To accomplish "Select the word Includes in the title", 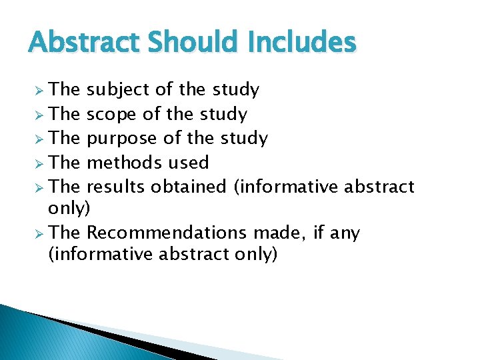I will [301, 43].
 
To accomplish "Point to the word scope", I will [112, 115].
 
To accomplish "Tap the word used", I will [188, 162].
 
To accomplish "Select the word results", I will [117, 186].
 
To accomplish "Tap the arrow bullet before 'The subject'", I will [39, 90].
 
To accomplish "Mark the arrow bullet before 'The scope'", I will [39, 115].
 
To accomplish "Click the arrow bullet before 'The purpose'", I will [39, 139].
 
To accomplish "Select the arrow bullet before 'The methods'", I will [39, 163].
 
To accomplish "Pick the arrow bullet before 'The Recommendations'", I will [39, 233].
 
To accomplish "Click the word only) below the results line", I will [69, 209].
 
